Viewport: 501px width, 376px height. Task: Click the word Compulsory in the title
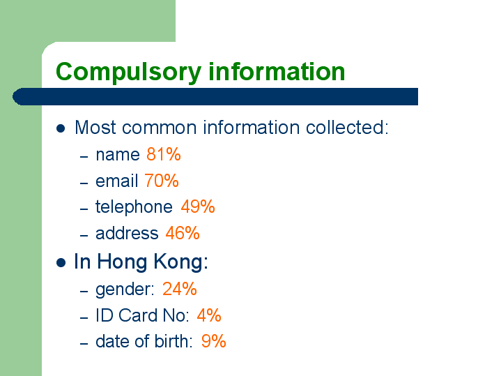128,73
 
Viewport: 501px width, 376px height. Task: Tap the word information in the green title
277,71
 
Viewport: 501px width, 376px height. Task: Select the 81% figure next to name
164,154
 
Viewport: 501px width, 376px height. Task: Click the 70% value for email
162,181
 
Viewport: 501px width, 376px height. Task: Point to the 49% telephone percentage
198,206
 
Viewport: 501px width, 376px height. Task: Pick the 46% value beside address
183,233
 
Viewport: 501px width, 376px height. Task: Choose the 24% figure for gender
180,289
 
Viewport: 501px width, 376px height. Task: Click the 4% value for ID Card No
209,315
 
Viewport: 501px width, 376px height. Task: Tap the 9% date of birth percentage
214,341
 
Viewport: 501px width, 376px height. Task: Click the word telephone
134,207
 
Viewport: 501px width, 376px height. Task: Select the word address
127,233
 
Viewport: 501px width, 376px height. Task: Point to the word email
116,181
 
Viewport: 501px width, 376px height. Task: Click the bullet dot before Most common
61,128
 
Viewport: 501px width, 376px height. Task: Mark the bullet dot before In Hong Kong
61,263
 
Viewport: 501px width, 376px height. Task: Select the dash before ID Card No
84,318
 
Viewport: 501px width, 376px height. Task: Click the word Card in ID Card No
139,315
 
